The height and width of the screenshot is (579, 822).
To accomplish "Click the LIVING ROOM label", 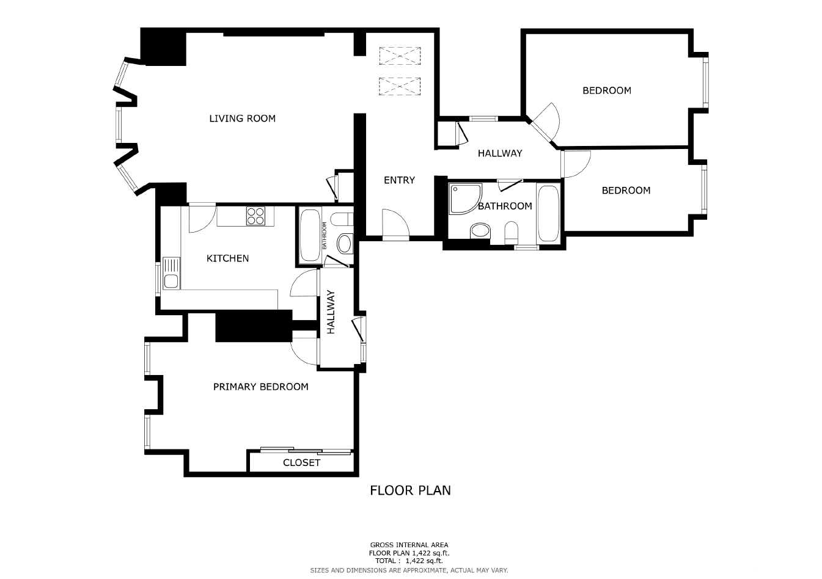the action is (242, 118).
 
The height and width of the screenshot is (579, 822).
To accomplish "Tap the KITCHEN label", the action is (227, 258).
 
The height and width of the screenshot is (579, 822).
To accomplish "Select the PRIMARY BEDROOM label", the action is (260, 387).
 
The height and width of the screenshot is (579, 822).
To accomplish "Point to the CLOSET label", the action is (302, 463).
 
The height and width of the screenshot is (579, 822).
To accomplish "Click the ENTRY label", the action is (399, 180).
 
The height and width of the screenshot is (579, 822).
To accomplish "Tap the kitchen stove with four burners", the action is (256, 216).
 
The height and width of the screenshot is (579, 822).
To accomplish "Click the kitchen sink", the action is (171, 273).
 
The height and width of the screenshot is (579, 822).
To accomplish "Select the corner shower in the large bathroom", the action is (465, 199).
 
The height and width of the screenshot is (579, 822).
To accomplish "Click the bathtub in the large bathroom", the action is (548, 213).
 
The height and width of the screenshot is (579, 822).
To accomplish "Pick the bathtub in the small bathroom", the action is (310, 235).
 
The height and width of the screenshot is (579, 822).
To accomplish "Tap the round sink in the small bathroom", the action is (344, 244).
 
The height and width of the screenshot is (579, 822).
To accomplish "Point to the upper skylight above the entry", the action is (400, 56).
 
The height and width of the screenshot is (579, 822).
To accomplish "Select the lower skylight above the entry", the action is (400, 87).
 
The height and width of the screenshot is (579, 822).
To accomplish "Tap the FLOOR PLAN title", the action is (410, 490).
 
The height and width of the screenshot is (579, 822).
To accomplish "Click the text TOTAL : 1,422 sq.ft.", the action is (409, 561).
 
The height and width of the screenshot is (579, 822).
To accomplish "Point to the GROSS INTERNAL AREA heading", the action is (409, 545).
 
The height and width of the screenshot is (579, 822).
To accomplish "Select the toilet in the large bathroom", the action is (511, 233).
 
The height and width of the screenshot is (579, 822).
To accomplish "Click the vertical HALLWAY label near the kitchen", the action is (331, 312).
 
